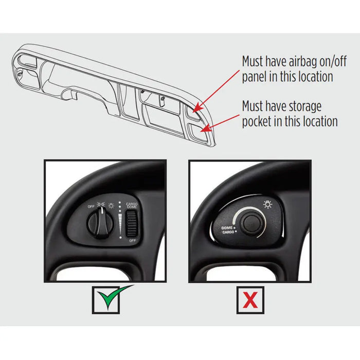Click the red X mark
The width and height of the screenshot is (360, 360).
pos(250,300)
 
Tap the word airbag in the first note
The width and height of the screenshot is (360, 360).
pos(302,62)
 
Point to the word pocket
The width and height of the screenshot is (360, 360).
pos(257,121)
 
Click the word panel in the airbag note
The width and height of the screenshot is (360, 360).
pos(255,77)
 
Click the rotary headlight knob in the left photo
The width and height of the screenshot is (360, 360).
pos(101,223)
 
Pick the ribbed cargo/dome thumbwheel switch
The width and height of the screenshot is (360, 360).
pos(132,223)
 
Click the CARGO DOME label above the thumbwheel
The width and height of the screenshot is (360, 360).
pos(132,205)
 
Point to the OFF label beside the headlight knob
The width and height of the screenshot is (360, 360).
pos(91,206)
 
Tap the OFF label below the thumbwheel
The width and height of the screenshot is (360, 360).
pos(133,240)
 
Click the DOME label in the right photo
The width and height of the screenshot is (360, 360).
pos(227,228)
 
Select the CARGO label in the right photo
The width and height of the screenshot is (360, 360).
pos(228,232)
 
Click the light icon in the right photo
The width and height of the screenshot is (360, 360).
pos(268,204)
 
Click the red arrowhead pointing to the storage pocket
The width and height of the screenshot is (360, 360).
pos(206,129)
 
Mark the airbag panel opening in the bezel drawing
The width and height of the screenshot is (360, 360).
pos(192,112)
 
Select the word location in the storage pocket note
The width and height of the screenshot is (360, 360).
pos(320,121)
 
